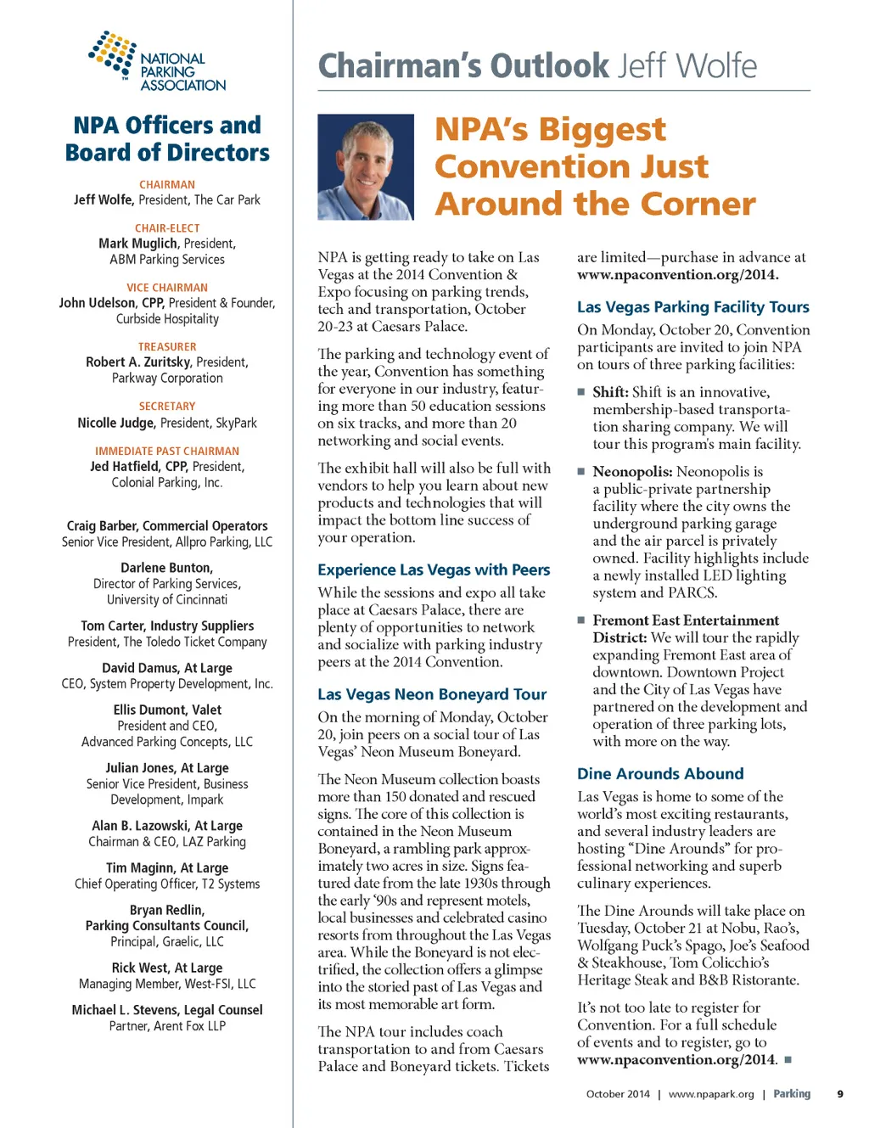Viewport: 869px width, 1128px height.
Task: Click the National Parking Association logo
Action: (158, 62)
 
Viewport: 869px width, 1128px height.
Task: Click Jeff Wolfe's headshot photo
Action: (366, 167)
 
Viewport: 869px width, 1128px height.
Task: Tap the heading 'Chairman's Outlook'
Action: (463, 65)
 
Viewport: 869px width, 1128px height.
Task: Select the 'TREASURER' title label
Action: (167, 346)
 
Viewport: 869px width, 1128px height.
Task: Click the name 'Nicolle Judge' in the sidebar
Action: (116, 423)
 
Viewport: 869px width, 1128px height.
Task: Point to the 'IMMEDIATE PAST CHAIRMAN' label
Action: (167, 451)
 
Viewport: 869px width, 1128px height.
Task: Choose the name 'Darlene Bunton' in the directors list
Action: (165, 568)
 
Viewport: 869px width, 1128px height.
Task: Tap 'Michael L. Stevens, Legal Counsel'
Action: (167, 1010)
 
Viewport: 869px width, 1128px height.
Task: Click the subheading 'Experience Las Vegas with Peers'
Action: (434, 570)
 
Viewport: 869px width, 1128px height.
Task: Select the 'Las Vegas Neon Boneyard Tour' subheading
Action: (432, 694)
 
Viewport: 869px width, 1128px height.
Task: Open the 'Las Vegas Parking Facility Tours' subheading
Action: (692, 307)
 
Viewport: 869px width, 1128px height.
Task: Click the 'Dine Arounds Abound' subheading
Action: (660, 774)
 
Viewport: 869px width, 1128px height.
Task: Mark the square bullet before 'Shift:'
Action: (581, 392)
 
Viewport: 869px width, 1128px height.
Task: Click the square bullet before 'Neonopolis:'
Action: (581, 471)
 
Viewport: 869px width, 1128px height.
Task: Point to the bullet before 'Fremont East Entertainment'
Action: (581, 620)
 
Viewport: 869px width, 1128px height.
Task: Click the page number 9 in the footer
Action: (840, 1094)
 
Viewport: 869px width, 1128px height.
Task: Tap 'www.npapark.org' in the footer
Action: (711, 1094)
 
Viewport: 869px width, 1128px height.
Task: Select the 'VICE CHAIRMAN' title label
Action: (167, 288)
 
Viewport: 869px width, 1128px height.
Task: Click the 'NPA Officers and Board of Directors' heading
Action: (167, 139)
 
